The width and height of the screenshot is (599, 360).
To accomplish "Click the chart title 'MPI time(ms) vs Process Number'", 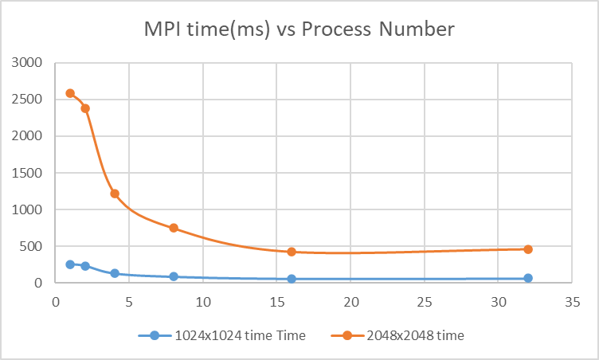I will pos(299,30).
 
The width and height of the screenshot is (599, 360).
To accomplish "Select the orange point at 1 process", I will pos(70,93).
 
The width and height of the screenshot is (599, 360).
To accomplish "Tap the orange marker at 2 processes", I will pos(85,108).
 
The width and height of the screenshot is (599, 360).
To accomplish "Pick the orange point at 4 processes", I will pos(115,194).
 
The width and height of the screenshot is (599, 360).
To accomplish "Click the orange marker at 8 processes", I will pos(174,228).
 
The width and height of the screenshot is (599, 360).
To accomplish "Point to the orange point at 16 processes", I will pos(292,252).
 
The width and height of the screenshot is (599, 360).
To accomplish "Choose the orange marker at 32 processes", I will pos(527,249).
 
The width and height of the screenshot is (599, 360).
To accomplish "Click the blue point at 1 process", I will pos(70,264).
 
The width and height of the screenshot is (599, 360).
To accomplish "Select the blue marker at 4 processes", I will pos(115,273).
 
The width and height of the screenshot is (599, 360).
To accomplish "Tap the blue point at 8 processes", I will pos(174,276).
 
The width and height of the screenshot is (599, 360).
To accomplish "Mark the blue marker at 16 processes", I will pos(292,279).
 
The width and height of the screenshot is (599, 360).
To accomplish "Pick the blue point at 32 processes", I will pos(527,278).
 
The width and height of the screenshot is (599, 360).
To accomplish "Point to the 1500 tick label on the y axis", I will pos(27,173).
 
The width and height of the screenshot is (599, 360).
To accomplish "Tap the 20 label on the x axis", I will pos(350,303).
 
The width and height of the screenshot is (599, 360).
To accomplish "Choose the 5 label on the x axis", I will pos(129,303).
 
